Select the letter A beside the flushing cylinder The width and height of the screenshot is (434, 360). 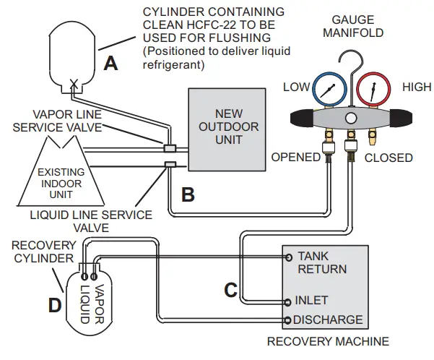tap(110, 64)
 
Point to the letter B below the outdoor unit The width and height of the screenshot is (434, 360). tap(186, 193)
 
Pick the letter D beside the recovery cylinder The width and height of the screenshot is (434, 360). tap(54, 305)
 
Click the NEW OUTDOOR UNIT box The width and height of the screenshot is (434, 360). tap(224, 127)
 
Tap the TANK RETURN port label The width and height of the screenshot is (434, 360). tap(322, 262)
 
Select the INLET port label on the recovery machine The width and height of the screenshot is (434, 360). tap(311, 300)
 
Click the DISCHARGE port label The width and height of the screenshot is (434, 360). tap(328, 320)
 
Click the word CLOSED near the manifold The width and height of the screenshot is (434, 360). tap(389, 158)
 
